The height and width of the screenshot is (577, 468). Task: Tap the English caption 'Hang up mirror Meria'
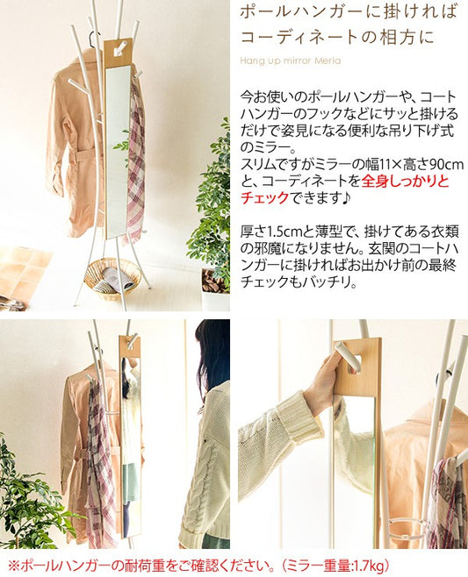click(291, 61)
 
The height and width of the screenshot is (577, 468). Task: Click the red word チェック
click(264, 198)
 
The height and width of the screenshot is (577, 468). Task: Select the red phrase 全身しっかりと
click(406, 181)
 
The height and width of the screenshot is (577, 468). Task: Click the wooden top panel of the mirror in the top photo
click(118, 53)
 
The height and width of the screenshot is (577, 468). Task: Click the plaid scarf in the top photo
click(135, 158)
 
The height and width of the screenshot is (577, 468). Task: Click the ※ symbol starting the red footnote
click(14, 565)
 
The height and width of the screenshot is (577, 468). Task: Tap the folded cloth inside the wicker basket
click(113, 279)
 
